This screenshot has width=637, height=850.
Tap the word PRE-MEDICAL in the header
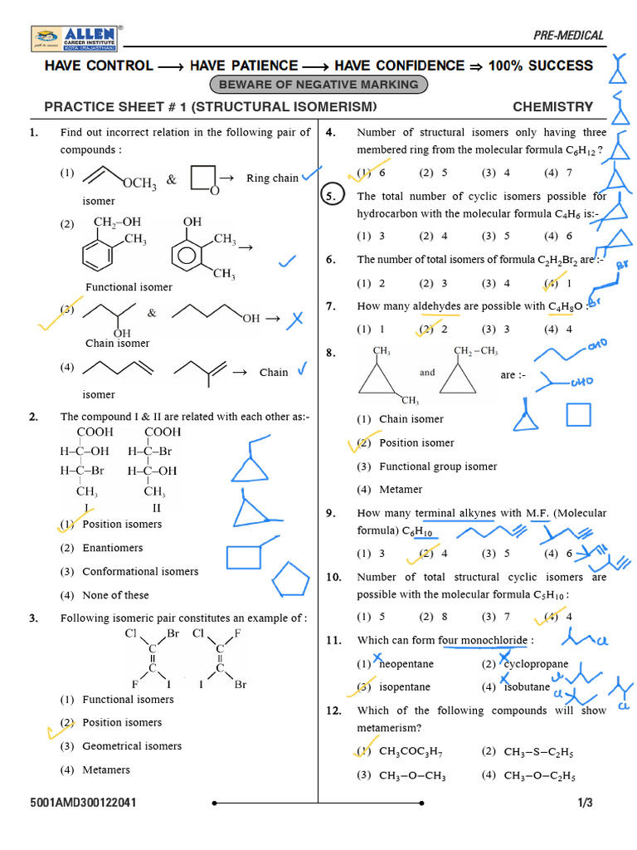pyautogui.click(x=568, y=35)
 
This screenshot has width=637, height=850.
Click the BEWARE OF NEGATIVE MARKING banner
pyautogui.click(x=319, y=85)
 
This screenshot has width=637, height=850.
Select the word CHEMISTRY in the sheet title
pyautogui.click(x=552, y=106)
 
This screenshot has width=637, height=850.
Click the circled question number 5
pyautogui.click(x=330, y=197)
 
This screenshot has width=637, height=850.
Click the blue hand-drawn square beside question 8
pyautogui.click(x=579, y=416)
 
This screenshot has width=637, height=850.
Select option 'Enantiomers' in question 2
pyautogui.click(x=113, y=548)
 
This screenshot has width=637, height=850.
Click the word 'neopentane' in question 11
pyautogui.click(x=406, y=664)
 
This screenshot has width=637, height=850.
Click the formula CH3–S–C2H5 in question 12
pyautogui.click(x=539, y=753)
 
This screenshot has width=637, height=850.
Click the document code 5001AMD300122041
pyautogui.click(x=84, y=803)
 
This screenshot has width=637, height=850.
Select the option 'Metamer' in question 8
pyautogui.click(x=401, y=490)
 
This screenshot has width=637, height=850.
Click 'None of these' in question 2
pyautogui.click(x=115, y=595)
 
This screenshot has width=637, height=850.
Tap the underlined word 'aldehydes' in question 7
pyautogui.click(x=436, y=306)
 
